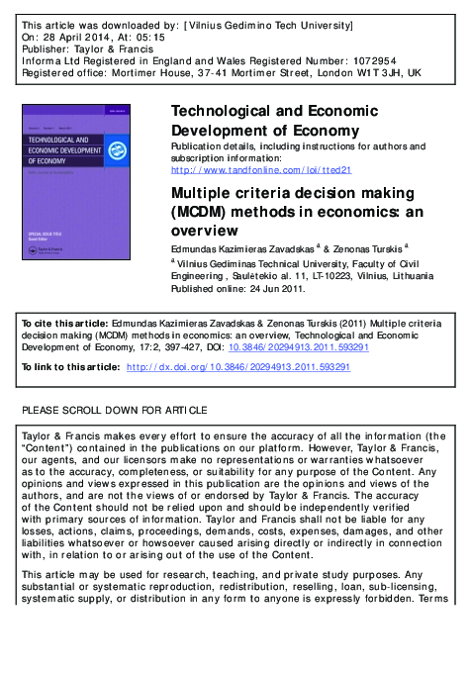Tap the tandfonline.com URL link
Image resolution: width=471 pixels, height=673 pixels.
[261, 169]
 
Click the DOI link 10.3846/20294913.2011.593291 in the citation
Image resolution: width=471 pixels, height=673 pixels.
[313, 348]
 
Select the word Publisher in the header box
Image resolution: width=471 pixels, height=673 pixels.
[45, 48]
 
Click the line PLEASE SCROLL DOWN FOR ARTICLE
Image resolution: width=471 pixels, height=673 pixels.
[115, 410]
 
